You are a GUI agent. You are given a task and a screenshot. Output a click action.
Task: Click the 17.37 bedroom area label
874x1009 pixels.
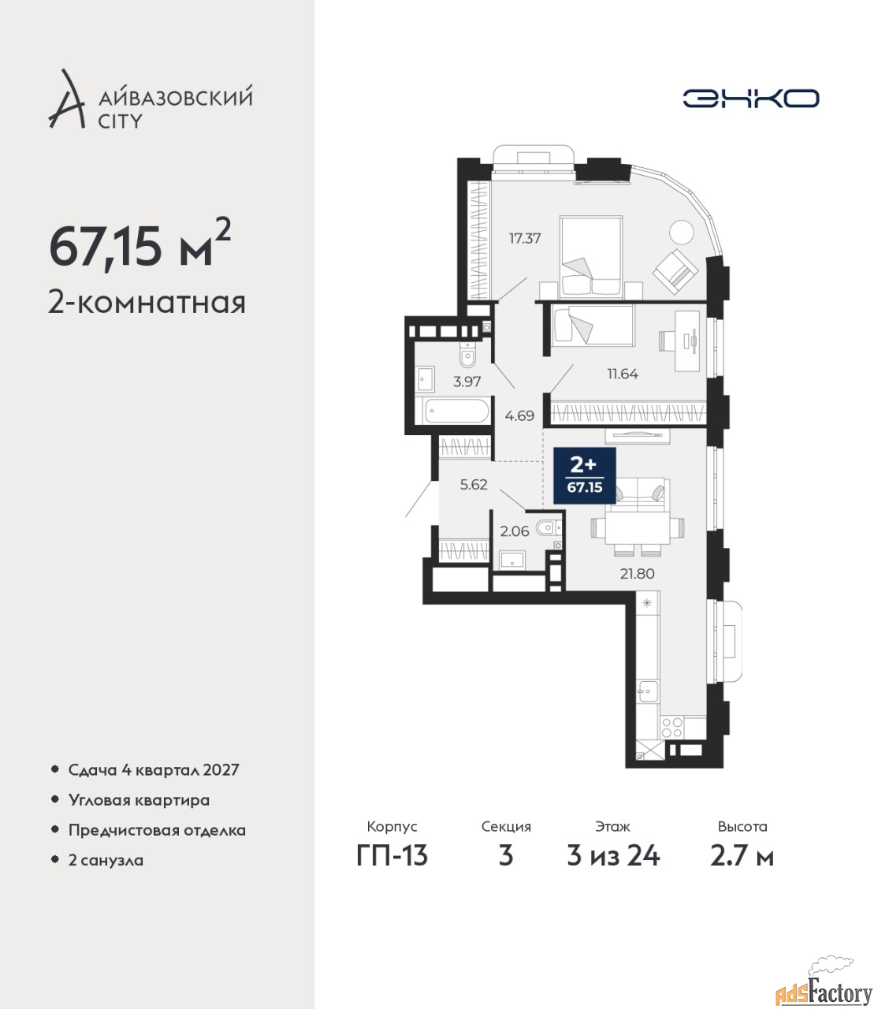pos(525,239)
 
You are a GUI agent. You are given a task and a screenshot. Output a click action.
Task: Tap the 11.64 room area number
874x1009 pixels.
pos(622,374)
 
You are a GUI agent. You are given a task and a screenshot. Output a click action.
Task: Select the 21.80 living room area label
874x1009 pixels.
pos(638,574)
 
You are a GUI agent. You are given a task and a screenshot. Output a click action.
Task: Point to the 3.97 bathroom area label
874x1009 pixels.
pos(467,382)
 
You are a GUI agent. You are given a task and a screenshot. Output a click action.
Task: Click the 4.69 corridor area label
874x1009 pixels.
pos(519,416)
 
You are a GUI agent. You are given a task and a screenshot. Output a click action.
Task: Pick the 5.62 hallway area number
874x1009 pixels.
pos(474,485)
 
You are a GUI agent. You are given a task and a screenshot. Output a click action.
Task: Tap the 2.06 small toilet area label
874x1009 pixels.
pos(515,531)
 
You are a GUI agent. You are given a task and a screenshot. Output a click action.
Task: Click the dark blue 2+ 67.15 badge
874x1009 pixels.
pos(585,476)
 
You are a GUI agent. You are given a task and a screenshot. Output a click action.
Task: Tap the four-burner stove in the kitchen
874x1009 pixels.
pos(671,728)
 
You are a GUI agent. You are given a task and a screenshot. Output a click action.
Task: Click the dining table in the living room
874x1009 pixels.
pos(638,529)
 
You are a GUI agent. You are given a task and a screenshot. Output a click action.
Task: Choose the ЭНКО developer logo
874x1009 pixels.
pos(750,99)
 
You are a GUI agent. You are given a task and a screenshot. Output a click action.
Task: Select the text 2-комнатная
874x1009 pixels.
pos(147,303)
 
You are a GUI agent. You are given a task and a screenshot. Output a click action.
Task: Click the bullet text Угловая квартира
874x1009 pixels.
pos(139,801)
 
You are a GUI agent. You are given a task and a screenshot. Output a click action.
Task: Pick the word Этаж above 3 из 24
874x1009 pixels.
pos(612,827)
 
